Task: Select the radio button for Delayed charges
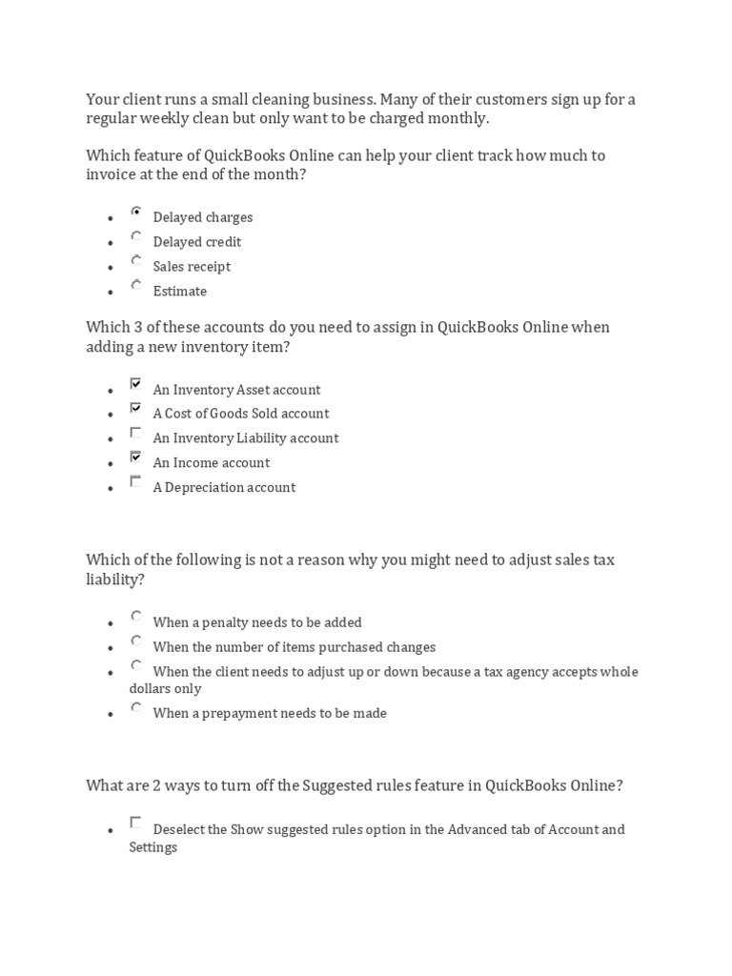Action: click(x=136, y=213)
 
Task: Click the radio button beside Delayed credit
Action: click(x=136, y=237)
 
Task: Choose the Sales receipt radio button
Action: click(x=136, y=261)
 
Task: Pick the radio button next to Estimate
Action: click(x=136, y=286)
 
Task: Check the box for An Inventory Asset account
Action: click(x=136, y=385)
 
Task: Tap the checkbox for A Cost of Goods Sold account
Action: click(x=136, y=409)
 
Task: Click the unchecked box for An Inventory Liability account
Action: click(x=136, y=434)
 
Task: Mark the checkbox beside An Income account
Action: click(x=136, y=457)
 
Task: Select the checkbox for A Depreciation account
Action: click(x=136, y=482)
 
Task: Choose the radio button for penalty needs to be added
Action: click(x=136, y=618)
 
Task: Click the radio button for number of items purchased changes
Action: click(x=136, y=642)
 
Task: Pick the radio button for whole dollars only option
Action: click(x=136, y=666)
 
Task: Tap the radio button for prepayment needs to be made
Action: click(x=136, y=708)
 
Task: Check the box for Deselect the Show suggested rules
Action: click(x=136, y=823)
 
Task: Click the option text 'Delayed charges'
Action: click(x=202, y=217)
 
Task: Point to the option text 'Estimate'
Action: click(x=179, y=292)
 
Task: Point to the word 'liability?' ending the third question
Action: click(x=116, y=579)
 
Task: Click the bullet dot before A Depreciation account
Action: click(x=111, y=489)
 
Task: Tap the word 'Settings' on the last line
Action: click(x=152, y=847)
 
